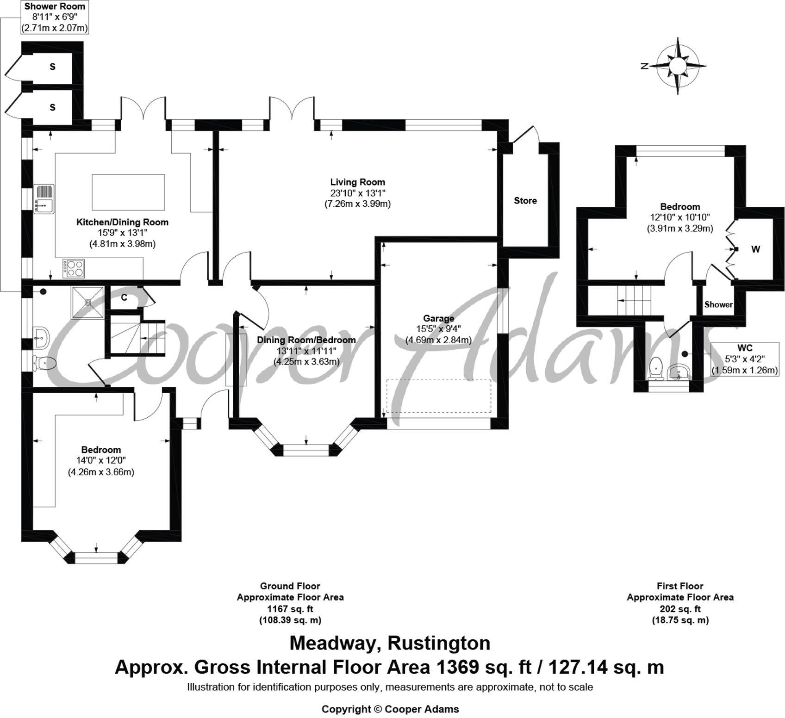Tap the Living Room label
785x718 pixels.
click(357, 182)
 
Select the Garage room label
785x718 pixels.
click(438, 318)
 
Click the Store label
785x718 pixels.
click(525, 201)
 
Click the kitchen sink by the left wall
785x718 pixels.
click(44, 199)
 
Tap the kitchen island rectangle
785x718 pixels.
click(128, 192)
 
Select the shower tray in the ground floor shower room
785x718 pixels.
click(87, 303)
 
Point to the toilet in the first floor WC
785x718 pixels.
click(656, 368)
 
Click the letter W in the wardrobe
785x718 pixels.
click(755, 249)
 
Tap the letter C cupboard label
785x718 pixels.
click(124, 297)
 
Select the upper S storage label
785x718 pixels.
click(52, 67)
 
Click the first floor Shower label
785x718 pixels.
click(718, 304)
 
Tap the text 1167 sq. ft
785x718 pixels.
click(290, 609)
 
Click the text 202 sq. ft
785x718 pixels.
click(680, 609)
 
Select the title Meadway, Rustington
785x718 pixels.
click(390, 644)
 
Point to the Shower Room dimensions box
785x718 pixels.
click(55, 17)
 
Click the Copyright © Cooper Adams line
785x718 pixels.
click(390, 709)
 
